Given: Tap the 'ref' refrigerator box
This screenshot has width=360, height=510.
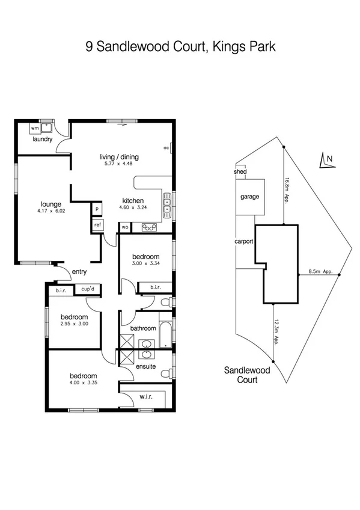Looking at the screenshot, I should [x=97, y=225].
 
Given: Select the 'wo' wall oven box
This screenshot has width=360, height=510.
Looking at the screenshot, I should [x=125, y=227].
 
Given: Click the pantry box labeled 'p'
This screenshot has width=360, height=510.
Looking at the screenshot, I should [x=96, y=209].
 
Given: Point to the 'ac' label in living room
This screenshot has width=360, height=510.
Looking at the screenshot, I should [x=166, y=147].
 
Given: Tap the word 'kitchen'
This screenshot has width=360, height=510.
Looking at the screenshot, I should [x=132, y=201].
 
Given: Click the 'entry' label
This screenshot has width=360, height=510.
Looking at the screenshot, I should [x=79, y=272].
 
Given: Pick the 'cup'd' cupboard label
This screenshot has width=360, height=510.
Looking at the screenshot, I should [x=88, y=290].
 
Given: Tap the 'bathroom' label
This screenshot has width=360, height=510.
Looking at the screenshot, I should [x=143, y=328].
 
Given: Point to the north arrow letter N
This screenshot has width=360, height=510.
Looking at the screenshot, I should [x=329, y=159].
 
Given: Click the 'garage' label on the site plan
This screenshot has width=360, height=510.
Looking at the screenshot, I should [x=249, y=197].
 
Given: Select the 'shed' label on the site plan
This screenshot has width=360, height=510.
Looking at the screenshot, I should [x=240, y=171].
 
